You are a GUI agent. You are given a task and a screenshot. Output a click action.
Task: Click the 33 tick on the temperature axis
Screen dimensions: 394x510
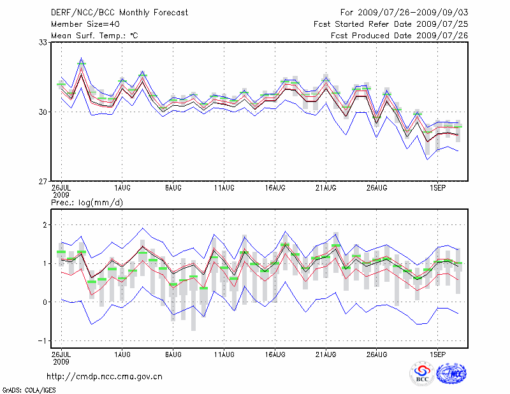[x=44, y=42]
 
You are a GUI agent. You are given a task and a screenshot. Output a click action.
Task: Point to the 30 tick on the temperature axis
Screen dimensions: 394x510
[x=44, y=112]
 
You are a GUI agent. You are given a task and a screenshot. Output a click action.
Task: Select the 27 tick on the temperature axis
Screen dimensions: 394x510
[x=44, y=181]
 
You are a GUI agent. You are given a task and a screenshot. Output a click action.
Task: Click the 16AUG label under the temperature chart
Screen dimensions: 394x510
[x=275, y=188]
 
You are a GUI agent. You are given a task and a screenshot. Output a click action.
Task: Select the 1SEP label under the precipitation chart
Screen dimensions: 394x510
[x=437, y=353]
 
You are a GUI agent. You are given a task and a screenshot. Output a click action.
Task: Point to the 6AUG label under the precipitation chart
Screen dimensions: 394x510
[x=173, y=353]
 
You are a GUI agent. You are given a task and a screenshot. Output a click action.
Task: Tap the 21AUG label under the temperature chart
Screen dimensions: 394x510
[x=326, y=188]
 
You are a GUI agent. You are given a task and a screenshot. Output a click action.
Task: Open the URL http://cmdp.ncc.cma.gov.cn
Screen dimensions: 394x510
[x=105, y=376]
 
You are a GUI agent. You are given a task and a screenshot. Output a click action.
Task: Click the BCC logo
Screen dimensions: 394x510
[x=422, y=374]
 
